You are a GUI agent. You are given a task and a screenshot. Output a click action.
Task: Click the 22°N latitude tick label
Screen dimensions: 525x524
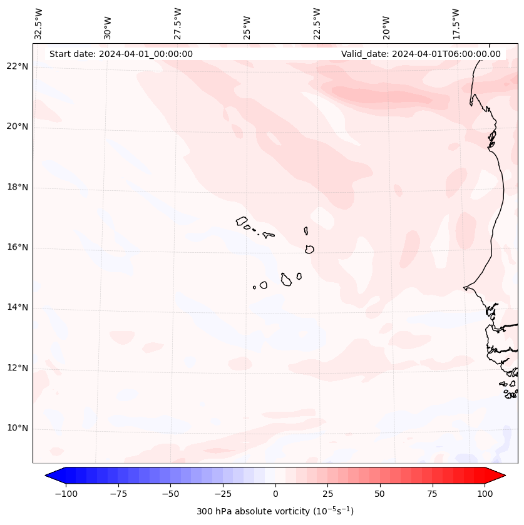coord(17,67)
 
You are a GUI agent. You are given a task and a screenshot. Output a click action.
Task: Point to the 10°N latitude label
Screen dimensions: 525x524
coord(17,429)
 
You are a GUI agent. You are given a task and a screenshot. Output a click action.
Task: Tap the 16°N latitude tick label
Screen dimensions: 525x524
coord(17,248)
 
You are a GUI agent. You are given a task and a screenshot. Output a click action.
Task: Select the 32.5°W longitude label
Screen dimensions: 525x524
coord(39,24)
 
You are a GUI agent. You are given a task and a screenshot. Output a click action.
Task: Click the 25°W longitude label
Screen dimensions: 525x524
coord(247,26)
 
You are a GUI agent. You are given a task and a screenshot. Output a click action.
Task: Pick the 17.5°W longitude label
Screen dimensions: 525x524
coord(456,24)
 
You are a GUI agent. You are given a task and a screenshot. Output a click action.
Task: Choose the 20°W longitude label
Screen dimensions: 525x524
coord(386,26)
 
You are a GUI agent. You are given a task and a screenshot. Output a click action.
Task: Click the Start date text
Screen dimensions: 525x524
coord(121,54)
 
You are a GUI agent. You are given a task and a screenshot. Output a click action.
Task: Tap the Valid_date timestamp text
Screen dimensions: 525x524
coord(421,54)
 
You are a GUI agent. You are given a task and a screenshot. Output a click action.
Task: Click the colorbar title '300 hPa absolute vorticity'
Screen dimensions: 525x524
coord(275,511)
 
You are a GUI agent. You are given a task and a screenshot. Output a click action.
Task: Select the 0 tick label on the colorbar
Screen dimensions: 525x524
coord(275,494)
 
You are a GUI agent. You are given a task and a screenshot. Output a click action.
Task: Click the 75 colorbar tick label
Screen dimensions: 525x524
coord(432,494)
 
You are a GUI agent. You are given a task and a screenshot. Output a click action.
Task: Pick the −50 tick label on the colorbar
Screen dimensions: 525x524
coord(170,494)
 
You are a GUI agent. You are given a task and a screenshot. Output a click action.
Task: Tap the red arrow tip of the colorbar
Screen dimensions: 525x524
coord(498,476)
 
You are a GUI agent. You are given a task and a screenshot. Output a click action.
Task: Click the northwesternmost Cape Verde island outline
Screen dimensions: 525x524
coord(242,221)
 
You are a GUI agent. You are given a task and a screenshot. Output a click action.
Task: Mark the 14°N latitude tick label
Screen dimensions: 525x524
coord(17,308)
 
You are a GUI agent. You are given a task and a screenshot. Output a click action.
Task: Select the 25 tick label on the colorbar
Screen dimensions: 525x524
coord(327,494)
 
